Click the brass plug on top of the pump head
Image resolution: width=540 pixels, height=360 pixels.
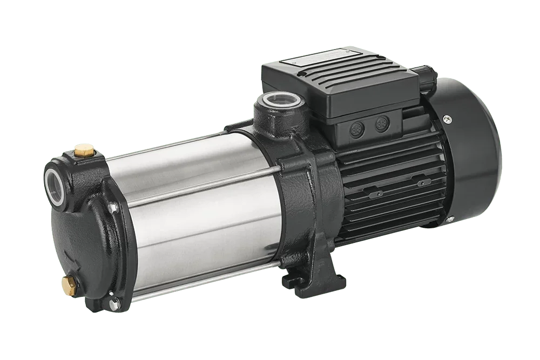(x=83, y=147)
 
